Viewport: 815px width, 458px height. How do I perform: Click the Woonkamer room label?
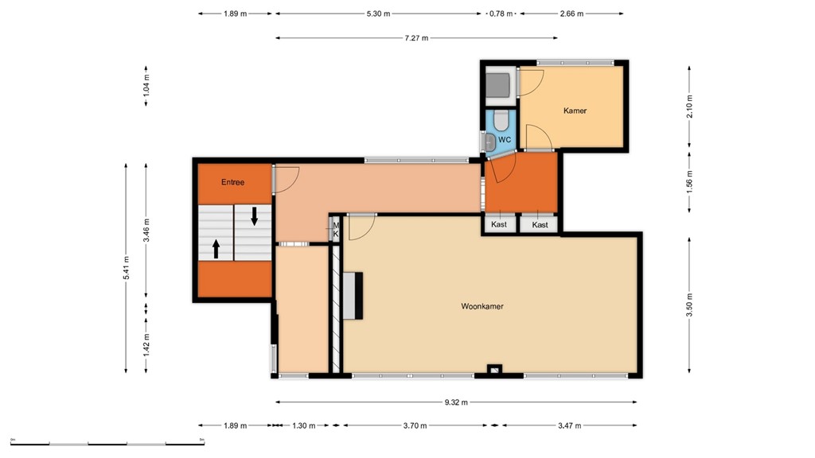pos(482,306)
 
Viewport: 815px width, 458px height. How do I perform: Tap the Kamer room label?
pos(575,111)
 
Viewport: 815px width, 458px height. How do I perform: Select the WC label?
pos(504,139)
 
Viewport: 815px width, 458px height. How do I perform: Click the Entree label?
pos(232,182)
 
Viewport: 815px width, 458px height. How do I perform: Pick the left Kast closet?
pos(499,225)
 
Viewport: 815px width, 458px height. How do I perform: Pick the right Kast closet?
pos(540,225)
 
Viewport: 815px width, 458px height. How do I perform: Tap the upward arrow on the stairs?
pos(216,249)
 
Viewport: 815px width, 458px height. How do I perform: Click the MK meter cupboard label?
pos(336,230)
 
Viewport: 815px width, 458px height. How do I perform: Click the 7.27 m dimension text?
pos(415,37)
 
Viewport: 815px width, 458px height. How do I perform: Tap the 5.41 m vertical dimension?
pos(125,266)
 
